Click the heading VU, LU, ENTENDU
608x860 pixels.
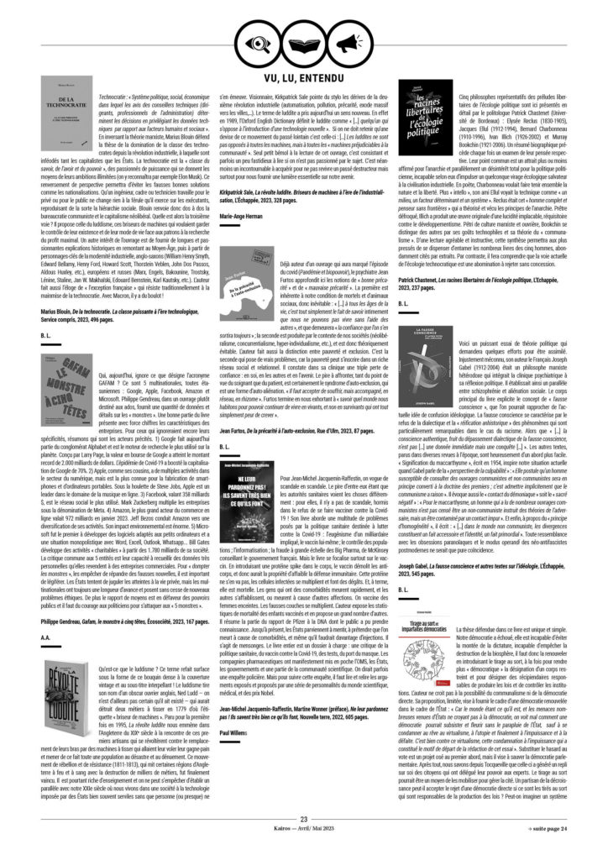click(303, 77)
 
